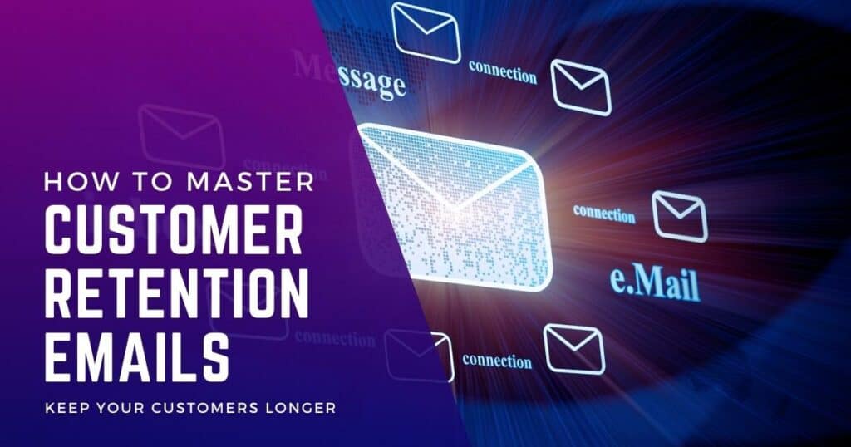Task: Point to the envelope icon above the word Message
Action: point(426,32)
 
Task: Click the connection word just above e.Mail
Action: point(604,214)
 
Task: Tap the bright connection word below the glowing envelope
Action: point(497,361)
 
